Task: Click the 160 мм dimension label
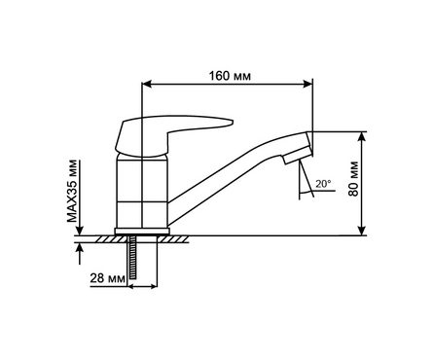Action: point(230,76)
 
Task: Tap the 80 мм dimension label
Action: point(353,179)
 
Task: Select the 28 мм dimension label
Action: point(107,278)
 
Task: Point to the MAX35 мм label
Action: point(73,191)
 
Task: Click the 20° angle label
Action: point(323,184)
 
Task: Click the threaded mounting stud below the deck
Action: point(132,257)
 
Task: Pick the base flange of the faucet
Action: point(142,231)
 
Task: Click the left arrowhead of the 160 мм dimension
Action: point(147,84)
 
